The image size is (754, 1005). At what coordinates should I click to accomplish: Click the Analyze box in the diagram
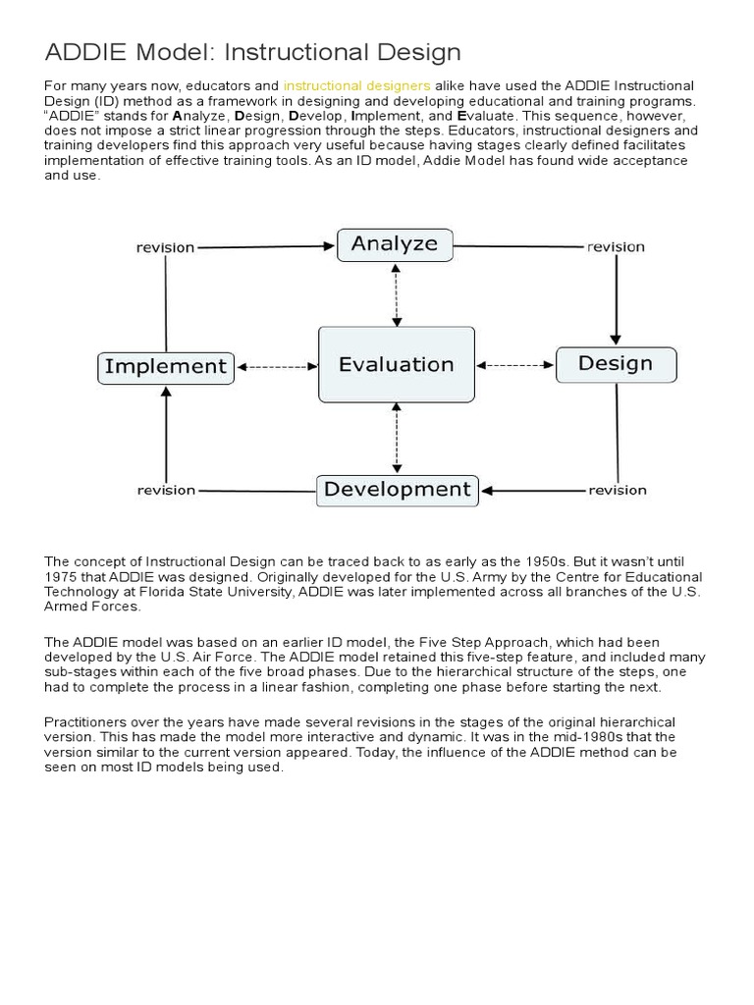pyautogui.click(x=395, y=244)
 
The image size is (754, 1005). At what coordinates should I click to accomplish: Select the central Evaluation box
pyautogui.click(x=396, y=365)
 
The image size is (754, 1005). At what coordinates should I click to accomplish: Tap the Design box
pyautogui.click(x=616, y=364)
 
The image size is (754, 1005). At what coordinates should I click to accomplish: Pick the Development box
pyautogui.click(x=397, y=490)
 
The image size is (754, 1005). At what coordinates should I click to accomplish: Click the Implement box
pyautogui.click(x=166, y=367)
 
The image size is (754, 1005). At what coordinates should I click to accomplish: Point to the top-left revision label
pyautogui.click(x=165, y=247)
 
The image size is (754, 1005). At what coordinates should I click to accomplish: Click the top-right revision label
pyautogui.click(x=616, y=247)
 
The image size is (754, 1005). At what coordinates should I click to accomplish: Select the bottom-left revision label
pyautogui.click(x=166, y=490)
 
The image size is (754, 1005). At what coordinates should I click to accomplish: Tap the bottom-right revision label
pyautogui.click(x=617, y=490)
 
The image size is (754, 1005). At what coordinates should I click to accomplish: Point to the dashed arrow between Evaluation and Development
pyautogui.click(x=396, y=439)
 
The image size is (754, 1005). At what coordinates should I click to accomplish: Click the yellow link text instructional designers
pyautogui.click(x=357, y=86)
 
